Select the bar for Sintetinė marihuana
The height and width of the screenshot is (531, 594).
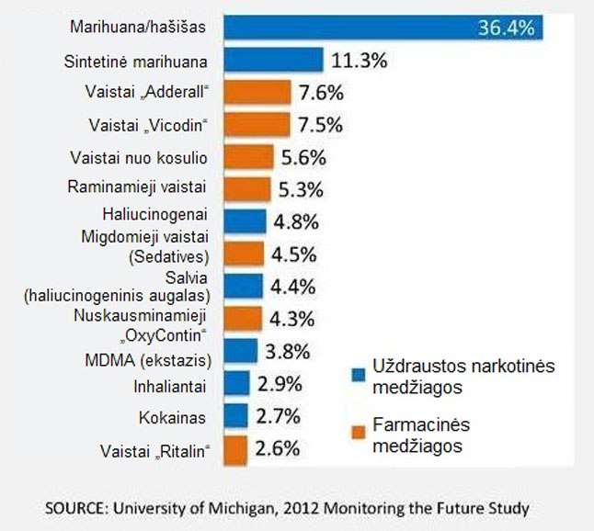pyautogui.click(x=273, y=61)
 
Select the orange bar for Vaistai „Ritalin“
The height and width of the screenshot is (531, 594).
pyautogui.click(x=234, y=450)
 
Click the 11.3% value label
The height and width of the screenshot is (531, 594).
pyautogui.click(x=359, y=62)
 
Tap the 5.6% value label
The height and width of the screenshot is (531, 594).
pyautogui.click(x=304, y=157)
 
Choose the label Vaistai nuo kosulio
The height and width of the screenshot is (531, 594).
pyautogui.click(x=144, y=157)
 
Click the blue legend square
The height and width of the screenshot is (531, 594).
pyautogui.click(x=360, y=374)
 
